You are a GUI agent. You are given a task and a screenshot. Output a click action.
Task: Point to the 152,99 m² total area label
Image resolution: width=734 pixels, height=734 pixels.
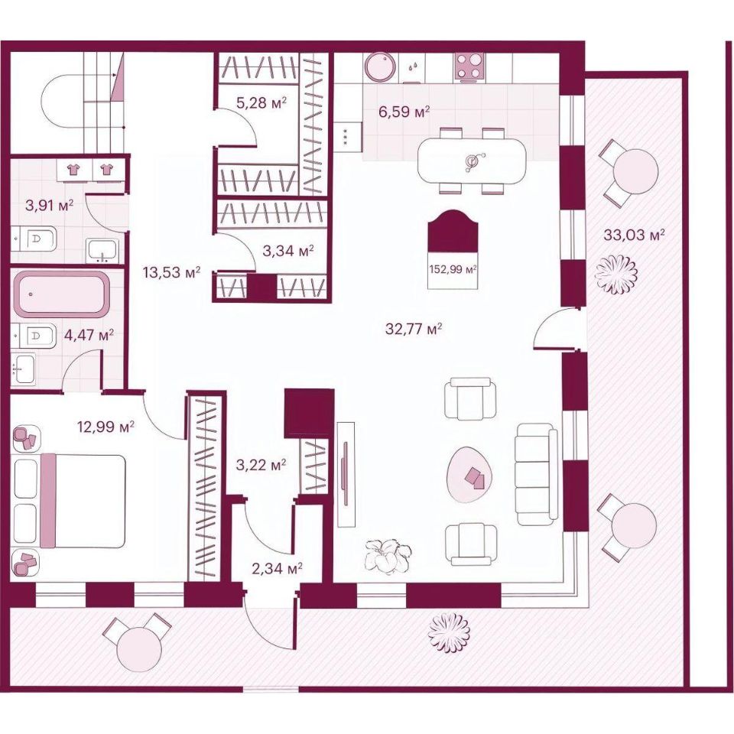tap(452, 269)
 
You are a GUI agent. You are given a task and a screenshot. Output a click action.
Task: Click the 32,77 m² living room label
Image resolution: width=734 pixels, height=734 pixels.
tap(414, 330)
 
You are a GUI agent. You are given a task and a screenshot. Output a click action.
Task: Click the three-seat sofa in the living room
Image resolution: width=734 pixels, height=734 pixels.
tap(537, 474)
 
